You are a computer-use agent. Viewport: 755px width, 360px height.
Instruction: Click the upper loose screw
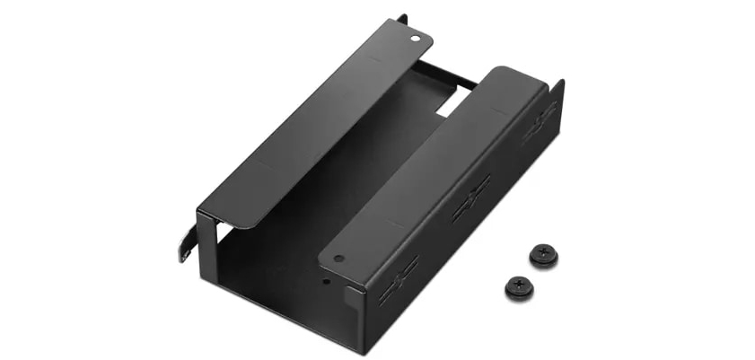543,254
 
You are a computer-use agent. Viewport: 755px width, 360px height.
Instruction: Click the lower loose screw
519,286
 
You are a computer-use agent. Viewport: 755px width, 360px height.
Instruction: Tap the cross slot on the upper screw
543,252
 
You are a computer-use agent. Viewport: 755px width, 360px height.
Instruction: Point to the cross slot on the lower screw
519,285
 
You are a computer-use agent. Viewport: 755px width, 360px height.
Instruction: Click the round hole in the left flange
415,39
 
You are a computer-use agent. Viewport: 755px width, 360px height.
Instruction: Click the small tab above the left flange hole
400,18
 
